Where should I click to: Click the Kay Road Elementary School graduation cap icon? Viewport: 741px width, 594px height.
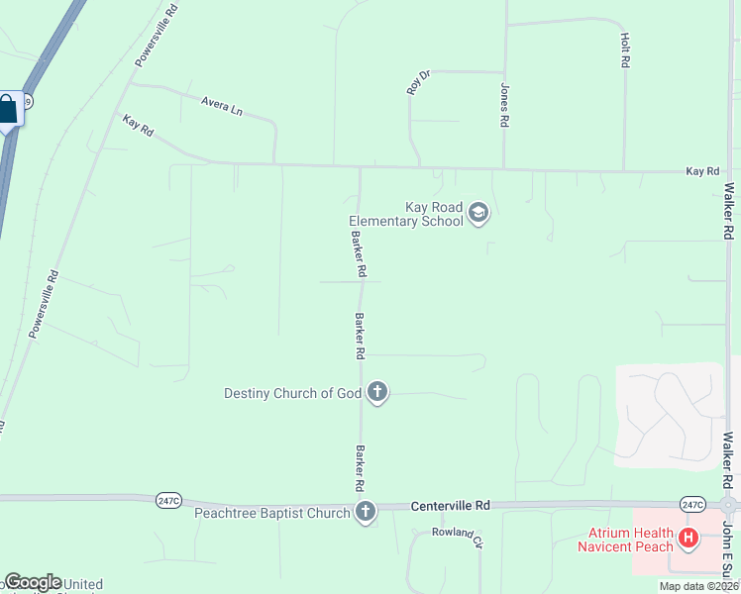point(478,213)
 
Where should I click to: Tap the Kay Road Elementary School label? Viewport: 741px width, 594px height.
point(406,214)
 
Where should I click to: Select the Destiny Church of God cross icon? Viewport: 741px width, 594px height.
point(376,393)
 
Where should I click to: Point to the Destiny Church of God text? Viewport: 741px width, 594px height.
point(293,393)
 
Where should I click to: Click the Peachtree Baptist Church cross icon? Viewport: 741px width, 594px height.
point(366,512)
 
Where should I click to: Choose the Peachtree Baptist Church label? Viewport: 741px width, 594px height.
point(272,513)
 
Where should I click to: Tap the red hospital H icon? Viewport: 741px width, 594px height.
point(688,540)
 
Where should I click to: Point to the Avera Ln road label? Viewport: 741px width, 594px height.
point(221,105)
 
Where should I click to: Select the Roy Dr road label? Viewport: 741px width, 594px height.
point(419,81)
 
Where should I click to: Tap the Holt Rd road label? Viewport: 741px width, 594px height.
point(625,49)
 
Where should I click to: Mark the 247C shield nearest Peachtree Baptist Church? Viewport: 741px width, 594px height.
point(168,501)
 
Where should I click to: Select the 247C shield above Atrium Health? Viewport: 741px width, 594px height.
point(691,504)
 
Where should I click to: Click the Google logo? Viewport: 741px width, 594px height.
point(33,582)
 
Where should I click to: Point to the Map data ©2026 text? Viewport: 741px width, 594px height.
point(698,586)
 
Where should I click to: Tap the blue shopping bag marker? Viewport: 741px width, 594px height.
point(8,109)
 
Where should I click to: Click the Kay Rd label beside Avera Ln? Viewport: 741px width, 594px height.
point(138,126)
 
